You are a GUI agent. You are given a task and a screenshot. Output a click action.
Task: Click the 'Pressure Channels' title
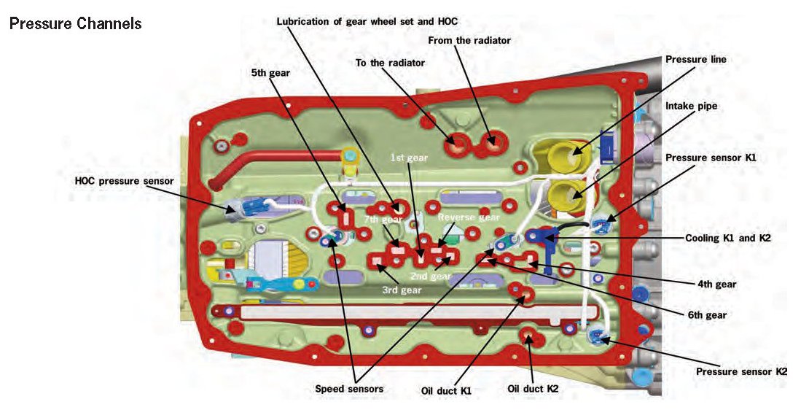75,23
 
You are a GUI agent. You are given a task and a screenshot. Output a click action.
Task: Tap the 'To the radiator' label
390,63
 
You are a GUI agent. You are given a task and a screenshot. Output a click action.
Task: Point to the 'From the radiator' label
469,41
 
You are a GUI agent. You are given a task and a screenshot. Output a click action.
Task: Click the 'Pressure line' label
695,59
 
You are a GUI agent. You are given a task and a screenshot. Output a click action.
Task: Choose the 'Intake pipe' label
691,106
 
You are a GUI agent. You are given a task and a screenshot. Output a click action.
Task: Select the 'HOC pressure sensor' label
124,181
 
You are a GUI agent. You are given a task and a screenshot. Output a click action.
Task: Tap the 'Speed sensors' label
349,389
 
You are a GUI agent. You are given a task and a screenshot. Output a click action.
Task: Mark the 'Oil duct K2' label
533,389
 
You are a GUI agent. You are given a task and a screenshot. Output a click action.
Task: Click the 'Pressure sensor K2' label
741,372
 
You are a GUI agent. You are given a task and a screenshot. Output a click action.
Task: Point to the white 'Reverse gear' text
468,217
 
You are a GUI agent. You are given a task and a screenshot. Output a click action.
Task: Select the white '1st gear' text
408,157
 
